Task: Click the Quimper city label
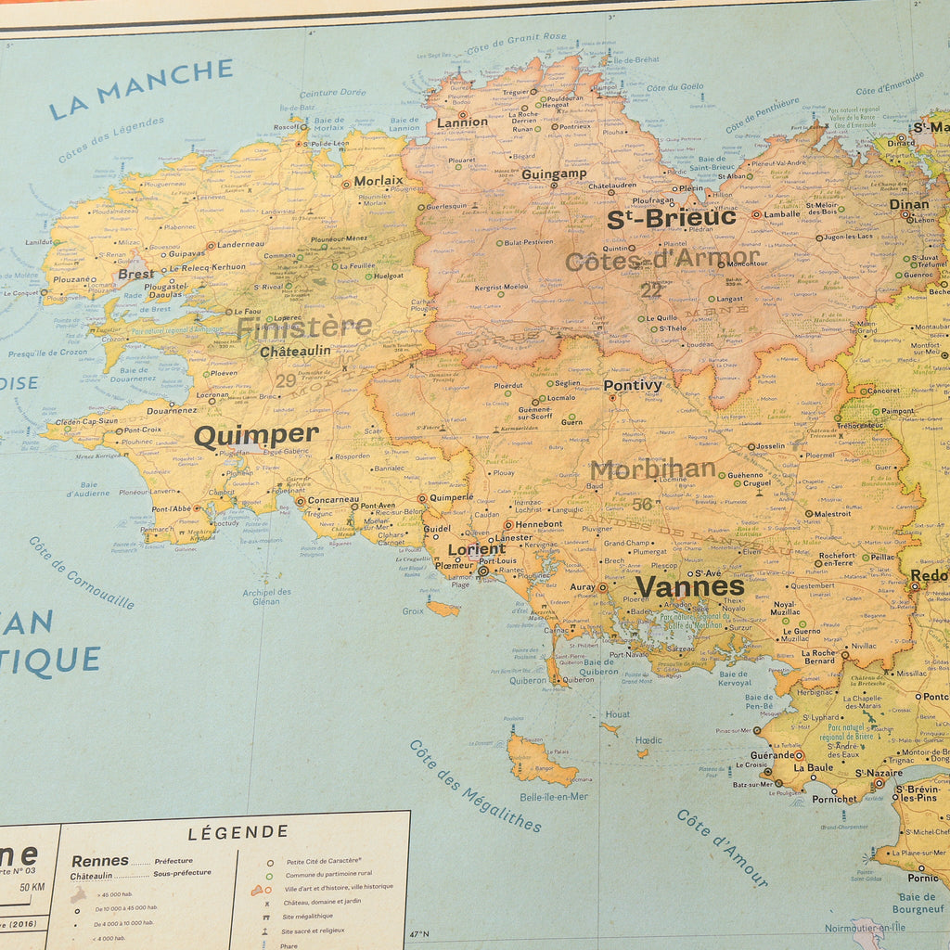pos(256,435)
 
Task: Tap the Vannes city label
pos(689,586)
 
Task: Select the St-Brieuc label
pos(671,218)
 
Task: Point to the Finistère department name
pos(303,327)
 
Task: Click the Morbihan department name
pos(652,469)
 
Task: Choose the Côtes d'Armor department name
pos(661,261)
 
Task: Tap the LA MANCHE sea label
pos(140,89)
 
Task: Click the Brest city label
pos(135,275)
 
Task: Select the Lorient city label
pos(476,549)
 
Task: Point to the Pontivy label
pos(633,385)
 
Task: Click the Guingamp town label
pos(554,173)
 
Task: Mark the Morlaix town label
pos(378,180)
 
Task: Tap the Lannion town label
pos(462,122)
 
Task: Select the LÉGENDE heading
pos(238,832)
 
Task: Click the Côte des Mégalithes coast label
pos(475,785)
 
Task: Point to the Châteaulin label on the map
pos(295,352)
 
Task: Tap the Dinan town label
pos(908,204)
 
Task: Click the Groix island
pos(443,609)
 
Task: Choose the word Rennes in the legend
pos(99,860)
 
